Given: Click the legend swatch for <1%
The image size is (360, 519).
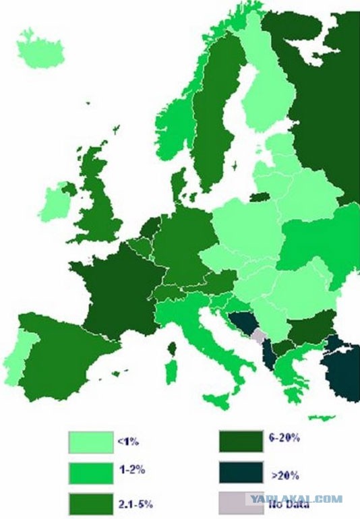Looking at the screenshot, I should pyautogui.click(x=90, y=441).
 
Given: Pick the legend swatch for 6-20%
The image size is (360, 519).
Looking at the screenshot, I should pyautogui.click(x=241, y=441).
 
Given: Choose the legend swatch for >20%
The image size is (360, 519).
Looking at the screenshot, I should pyautogui.click(x=241, y=472).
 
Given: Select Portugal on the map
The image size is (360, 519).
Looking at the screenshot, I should pyautogui.click(x=16, y=357).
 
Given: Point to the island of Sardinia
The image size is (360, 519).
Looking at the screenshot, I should pyautogui.click(x=173, y=373).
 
